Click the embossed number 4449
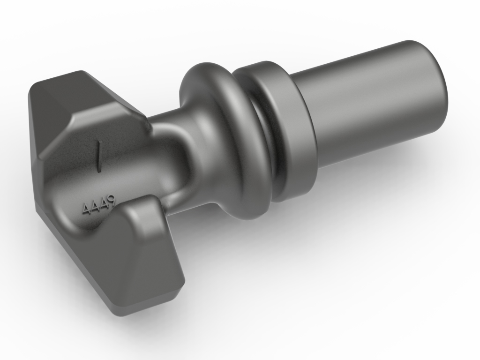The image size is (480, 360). (x=98, y=205)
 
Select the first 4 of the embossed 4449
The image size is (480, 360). (x=86, y=209)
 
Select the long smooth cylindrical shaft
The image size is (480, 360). (x=370, y=103)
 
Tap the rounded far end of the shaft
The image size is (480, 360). (x=438, y=84)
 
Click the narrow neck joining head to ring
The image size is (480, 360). (x=173, y=155)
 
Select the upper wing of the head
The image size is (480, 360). (x=94, y=108)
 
